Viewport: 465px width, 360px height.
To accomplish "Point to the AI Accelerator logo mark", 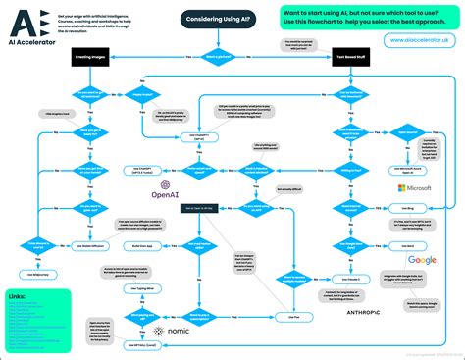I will coord(22,19).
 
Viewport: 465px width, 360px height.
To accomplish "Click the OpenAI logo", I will coord(163,188).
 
